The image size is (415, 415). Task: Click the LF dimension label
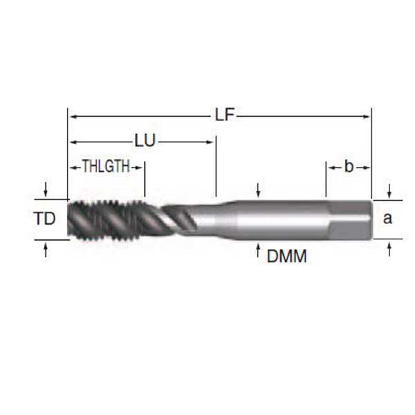pos(224,115)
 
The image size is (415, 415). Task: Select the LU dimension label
pos(145,140)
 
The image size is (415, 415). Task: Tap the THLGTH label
pos(106,166)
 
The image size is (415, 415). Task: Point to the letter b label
pos(349,167)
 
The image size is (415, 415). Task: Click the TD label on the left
pos(44,219)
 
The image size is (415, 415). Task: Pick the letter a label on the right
pos(387,219)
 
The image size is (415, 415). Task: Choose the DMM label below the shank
pos(286,256)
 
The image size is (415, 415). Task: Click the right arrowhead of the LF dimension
pos(366,116)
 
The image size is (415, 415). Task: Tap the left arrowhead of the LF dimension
pos(73,116)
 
